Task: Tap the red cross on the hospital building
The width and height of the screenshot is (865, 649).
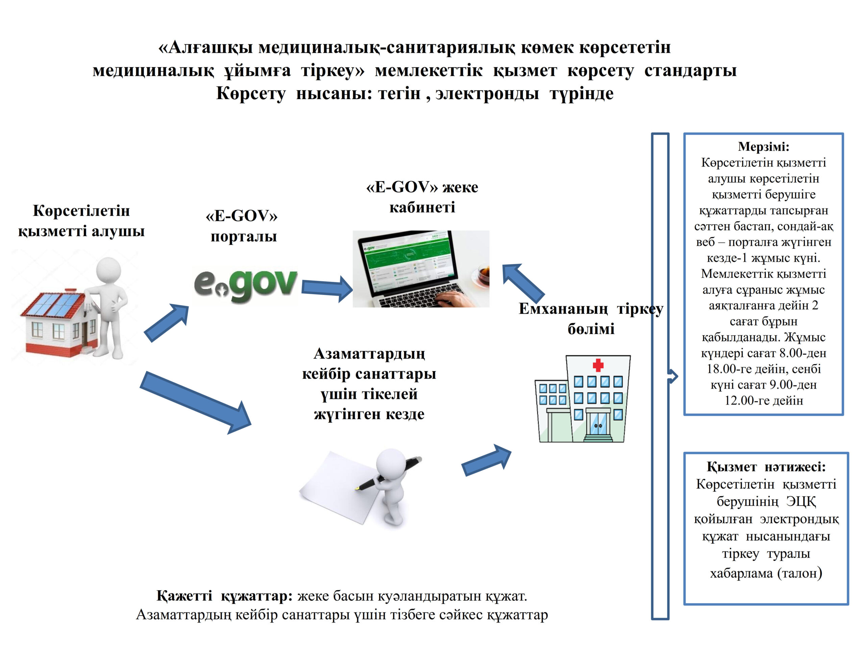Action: pos(598,365)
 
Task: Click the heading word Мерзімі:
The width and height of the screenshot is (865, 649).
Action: pos(763,147)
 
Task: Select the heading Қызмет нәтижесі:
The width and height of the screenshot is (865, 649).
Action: pos(766,467)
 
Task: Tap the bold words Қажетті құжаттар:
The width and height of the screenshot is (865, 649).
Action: pos(224,596)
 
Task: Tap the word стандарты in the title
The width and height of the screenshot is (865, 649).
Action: pos(690,71)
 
